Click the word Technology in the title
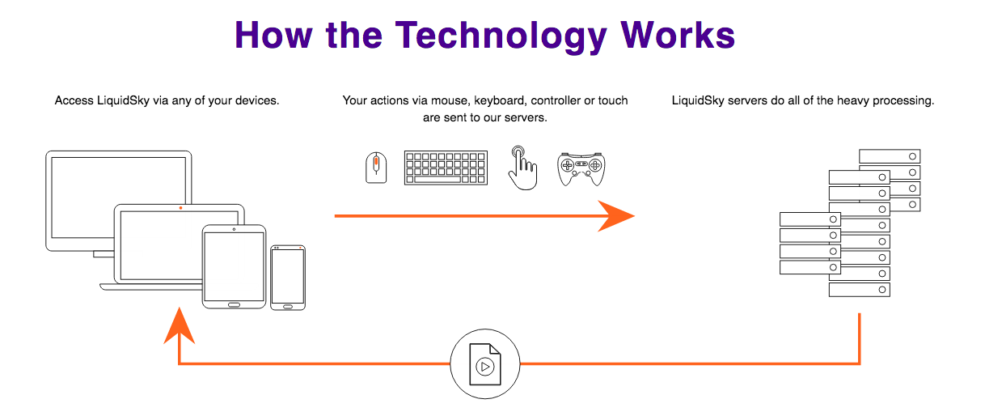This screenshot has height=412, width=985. click(501, 36)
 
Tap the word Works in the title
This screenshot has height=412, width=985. click(678, 36)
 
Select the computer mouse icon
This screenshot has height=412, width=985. click(376, 168)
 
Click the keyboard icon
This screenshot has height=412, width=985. click(446, 168)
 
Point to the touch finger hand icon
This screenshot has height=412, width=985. click(523, 168)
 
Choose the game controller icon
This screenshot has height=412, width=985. click(581, 169)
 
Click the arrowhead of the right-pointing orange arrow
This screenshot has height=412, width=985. click(615, 215)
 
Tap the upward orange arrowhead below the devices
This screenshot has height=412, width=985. click(179, 325)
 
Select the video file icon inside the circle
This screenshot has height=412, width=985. click(485, 364)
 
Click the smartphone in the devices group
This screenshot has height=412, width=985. click(288, 278)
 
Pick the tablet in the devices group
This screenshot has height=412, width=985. click(234, 267)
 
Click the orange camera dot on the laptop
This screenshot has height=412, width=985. click(180, 208)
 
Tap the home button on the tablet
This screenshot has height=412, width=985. click(234, 304)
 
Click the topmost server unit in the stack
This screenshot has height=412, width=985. click(890, 156)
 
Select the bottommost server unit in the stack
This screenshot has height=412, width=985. click(860, 290)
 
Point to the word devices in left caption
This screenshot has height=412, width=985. click(257, 101)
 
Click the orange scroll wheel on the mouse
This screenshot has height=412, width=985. click(376, 164)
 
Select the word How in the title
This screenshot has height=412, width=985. click(273, 36)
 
